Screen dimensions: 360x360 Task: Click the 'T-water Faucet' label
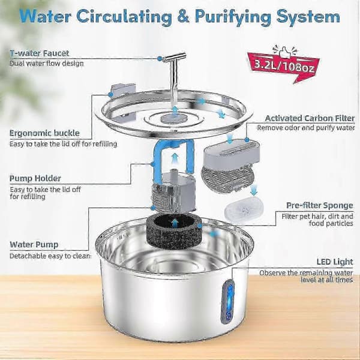pyautogui.click(x=39, y=53)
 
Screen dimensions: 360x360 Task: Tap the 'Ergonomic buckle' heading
pyautogui.click(x=44, y=133)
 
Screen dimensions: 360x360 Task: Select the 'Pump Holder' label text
pyautogui.click(x=35, y=178)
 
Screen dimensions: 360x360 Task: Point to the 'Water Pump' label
pyautogui.click(x=34, y=245)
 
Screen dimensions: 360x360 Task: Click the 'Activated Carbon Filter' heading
pyautogui.click(x=310, y=118)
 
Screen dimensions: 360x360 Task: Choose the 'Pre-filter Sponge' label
pyautogui.click(x=320, y=205)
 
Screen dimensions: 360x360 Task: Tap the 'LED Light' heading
pyautogui.click(x=335, y=262)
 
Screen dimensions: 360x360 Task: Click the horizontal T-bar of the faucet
pyautogui.click(x=174, y=57)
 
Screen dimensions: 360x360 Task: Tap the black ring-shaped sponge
pyautogui.click(x=174, y=231)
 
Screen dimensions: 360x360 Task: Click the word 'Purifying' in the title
pyautogui.click(x=233, y=17)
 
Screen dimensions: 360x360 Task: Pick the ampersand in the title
pyautogui.click(x=183, y=16)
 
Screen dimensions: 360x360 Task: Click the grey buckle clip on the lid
pyautogui.click(x=123, y=90)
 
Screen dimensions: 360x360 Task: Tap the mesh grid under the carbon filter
pyautogui.click(x=228, y=179)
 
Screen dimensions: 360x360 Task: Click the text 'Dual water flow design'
pyautogui.click(x=47, y=64)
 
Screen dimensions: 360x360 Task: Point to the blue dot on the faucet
pyautogui.click(x=160, y=59)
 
